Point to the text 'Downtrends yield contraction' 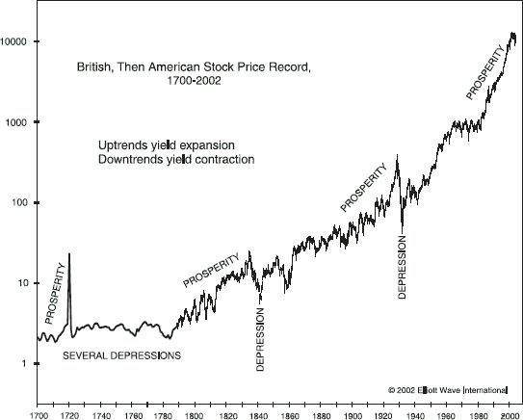175,159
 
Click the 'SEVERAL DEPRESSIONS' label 121,355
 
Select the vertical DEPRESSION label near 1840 261,339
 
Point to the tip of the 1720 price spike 69,253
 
